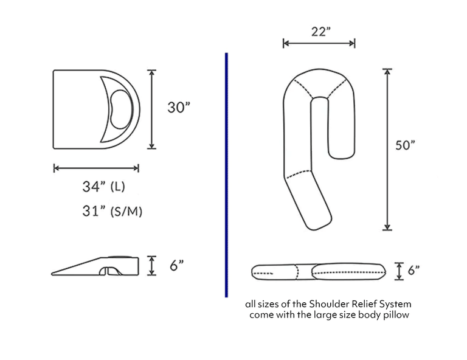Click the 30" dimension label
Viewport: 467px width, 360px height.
[x=179, y=108]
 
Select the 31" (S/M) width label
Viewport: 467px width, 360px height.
[x=112, y=211]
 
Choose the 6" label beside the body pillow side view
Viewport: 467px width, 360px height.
[x=413, y=271]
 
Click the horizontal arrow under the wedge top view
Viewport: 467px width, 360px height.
[x=96, y=168]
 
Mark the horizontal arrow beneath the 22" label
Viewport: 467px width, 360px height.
[x=319, y=43]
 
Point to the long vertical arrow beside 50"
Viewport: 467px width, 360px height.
[x=387, y=149]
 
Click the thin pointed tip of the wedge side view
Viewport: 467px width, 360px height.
[x=57, y=272]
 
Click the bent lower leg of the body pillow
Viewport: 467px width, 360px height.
[x=310, y=201]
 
